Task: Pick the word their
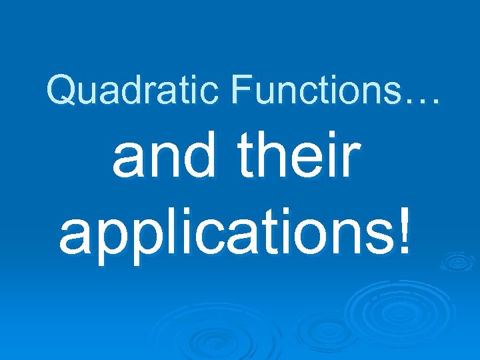[x=297, y=161]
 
